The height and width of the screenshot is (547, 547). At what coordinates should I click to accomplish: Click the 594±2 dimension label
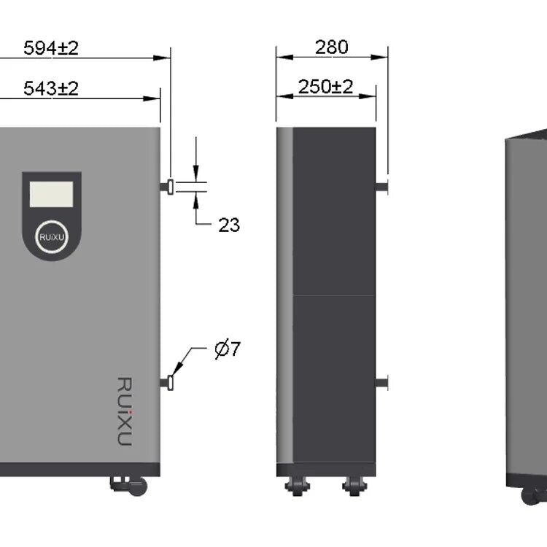click(51, 48)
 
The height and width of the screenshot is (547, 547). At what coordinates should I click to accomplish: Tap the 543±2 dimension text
click(51, 89)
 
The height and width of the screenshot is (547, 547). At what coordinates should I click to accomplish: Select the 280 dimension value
click(332, 47)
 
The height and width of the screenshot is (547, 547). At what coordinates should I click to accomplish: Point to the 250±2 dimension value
click(326, 87)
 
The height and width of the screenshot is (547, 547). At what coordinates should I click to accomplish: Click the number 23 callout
click(229, 225)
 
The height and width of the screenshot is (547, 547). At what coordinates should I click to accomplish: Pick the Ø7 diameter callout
click(227, 349)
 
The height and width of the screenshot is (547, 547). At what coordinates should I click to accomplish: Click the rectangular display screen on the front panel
click(51, 195)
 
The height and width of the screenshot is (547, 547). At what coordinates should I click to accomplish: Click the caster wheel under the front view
click(138, 485)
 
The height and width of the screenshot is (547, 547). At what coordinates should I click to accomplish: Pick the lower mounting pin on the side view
click(381, 381)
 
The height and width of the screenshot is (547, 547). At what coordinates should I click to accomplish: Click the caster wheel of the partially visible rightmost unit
click(531, 495)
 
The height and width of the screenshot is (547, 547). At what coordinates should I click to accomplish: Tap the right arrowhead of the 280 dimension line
click(383, 57)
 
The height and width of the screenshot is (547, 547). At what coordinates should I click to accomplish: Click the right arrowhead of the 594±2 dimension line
click(165, 57)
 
